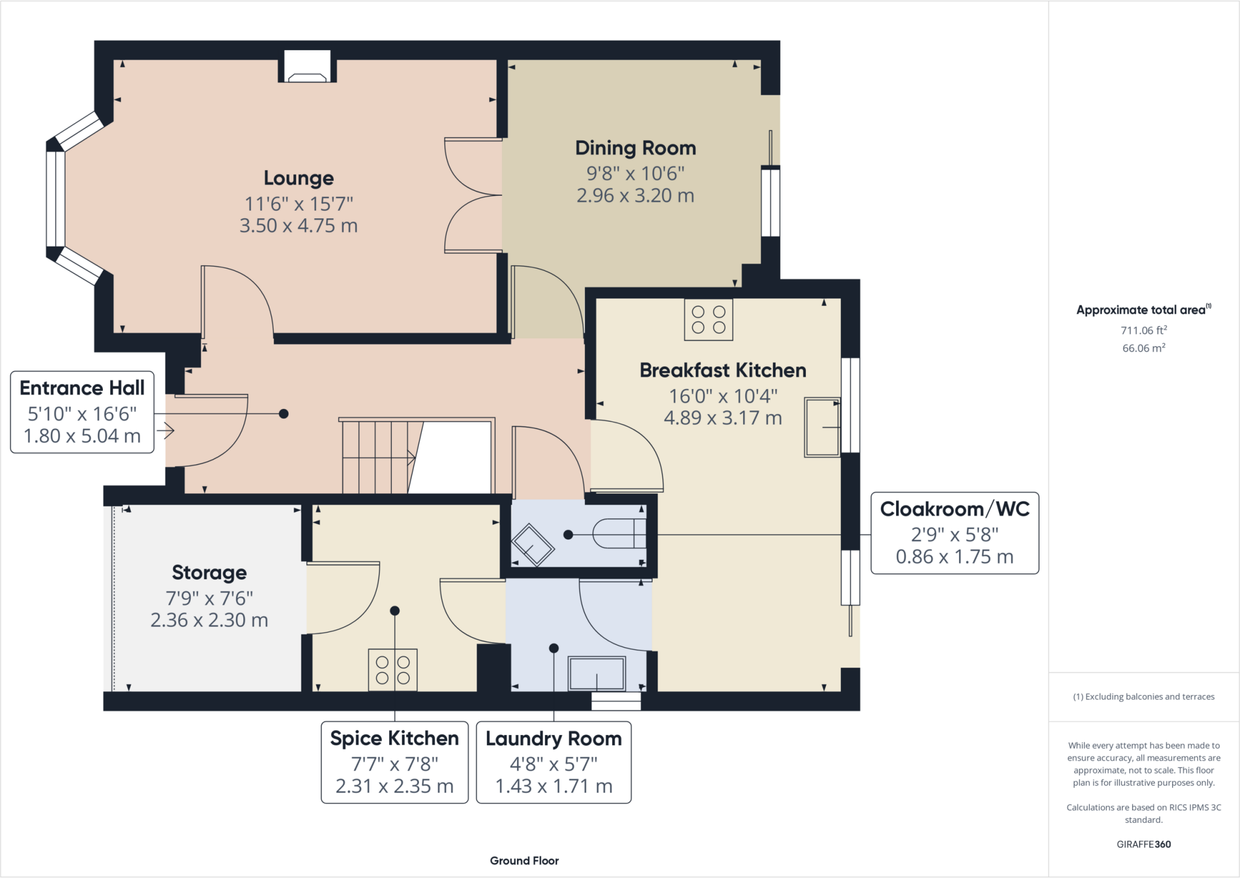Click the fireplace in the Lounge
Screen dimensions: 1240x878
click(307, 66)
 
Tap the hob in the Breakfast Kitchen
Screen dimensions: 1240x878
click(708, 319)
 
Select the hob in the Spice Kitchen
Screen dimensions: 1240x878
click(392, 670)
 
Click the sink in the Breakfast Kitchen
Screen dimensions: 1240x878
click(822, 427)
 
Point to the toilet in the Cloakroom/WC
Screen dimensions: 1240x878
click(619, 534)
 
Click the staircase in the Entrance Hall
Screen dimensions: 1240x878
click(417, 456)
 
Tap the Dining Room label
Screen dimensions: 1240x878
click(635, 148)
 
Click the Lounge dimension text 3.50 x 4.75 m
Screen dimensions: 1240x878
click(298, 225)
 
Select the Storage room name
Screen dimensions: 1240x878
click(209, 573)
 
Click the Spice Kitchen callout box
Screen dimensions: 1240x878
click(395, 762)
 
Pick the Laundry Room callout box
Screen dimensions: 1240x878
click(554, 762)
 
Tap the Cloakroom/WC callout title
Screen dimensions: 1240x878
click(955, 509)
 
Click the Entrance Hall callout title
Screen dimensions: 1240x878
click(82, 388)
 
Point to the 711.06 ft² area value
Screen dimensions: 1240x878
click(1144, 330)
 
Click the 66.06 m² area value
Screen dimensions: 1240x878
click(1144, 348)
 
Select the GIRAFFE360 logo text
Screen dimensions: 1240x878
click(1144, 844)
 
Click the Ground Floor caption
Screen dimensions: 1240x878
click(524, 860)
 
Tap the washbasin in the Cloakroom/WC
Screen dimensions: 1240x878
click(533, 544)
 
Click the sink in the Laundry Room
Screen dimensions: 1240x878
click(596, 673)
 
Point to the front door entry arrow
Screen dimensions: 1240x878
click(165, 431)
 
